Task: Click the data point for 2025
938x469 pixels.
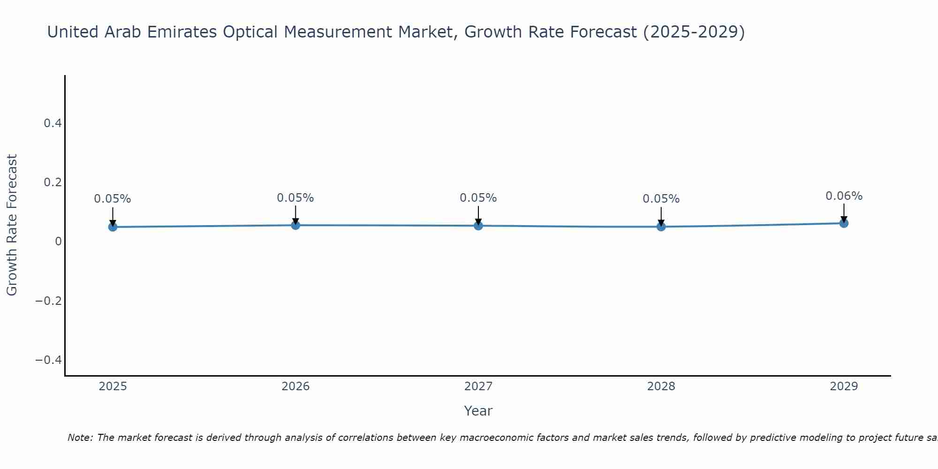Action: click(x=113, y=227)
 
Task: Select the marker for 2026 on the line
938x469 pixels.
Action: click(x=295, y=225)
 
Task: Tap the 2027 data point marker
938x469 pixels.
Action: click(x=478, y=226)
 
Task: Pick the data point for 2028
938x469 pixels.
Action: click(x=661, y=227)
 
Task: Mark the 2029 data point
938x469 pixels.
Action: click(x=844, y=223)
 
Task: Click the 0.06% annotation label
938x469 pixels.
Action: click(x=844, y=196)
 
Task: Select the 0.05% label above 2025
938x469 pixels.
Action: click(x=113, y=199)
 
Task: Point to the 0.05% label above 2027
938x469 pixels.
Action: click(x=478, y=198)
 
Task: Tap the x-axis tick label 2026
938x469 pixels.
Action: click(x=295, y=386)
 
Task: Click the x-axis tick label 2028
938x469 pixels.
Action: click(x=661, y=386)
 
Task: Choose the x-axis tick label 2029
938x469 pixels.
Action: click(x=844, y=386)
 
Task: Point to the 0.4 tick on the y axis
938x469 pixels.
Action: click(x=53, y=123)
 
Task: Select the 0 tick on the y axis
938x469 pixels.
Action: click(x=58, y=242)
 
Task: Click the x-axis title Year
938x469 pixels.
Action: click(x=478, y=411)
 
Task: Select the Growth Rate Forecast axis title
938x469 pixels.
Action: click(x=12, y=225)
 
